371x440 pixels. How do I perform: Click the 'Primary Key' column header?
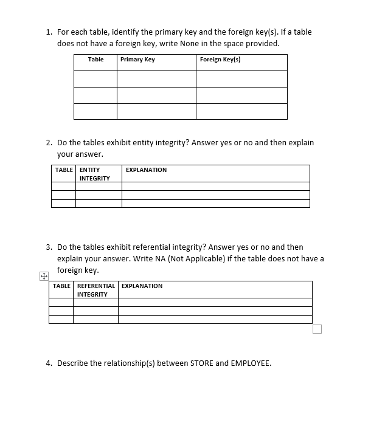[137, 60]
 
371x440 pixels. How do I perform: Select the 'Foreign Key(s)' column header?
[220, 60]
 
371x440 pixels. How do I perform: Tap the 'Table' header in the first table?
[95, 60]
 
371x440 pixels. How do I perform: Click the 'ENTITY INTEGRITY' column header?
[94, 174]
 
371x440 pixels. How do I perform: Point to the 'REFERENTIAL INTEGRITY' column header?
[95, 290]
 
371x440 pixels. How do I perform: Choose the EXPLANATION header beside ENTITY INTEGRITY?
[146, 170]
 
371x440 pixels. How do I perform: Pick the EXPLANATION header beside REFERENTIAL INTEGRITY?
[142, 286]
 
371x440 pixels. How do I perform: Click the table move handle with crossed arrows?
[43, 277]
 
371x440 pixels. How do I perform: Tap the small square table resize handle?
[317, 329]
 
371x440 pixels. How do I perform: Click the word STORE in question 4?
[201, 363]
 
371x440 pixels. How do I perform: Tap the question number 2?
[49, 143]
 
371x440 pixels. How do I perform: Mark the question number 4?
[49, 363]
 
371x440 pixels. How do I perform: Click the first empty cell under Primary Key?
[156, 79]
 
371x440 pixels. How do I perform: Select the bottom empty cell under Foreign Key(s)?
[241, 111]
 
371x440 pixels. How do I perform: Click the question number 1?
[49, 32]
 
